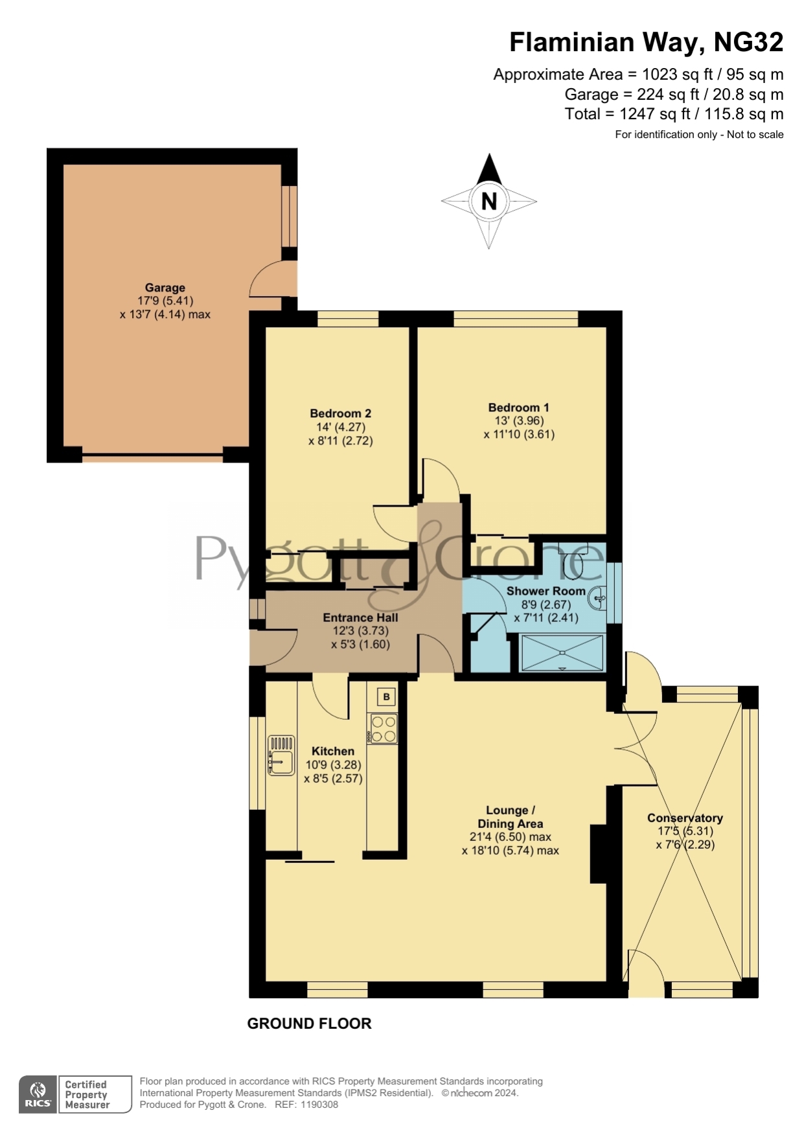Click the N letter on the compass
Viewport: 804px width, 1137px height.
coord(489,201)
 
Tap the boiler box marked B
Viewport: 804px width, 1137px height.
coord(386,696)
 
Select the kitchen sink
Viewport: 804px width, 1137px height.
coord(281,755)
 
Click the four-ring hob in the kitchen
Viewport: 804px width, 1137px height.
coord(383,729)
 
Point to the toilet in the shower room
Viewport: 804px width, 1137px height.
coord(573,562)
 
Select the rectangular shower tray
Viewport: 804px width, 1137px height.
coord(562,653)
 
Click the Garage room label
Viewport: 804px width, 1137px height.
coord(165,288)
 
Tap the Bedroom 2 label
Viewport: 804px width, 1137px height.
coord(340,413)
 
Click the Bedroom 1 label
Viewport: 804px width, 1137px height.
coord(518,408)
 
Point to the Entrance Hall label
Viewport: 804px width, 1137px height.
coord(360,617)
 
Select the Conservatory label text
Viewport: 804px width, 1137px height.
coord(685,818)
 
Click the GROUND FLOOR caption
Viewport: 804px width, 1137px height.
coord(309,1024)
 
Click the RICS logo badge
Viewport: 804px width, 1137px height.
coord(38,1095)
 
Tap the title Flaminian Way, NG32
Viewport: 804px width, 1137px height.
coord(646,42)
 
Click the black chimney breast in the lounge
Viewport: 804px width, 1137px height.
coord(598,854)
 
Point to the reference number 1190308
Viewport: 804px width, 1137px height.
coord(320,1105)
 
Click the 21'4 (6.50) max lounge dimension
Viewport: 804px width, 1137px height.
coord(510,836)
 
